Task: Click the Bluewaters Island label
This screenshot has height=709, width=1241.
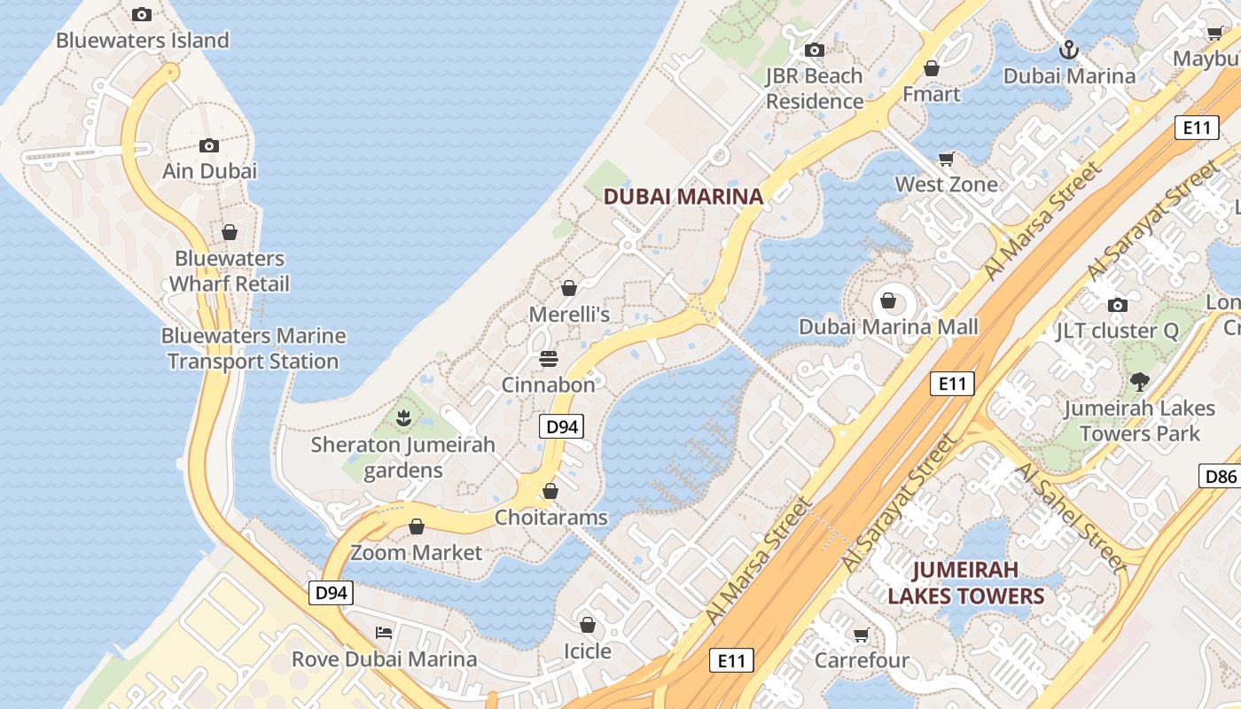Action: pos(142,40)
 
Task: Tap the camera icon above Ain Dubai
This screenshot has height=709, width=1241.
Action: pos(209,145)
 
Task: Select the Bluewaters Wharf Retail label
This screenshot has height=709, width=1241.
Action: pos(230,271)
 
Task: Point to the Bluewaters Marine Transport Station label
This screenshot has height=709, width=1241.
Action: pos(254,348)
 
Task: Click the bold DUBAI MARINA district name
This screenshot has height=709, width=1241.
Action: pos(683,197)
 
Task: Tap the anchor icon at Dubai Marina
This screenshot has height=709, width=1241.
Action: pos(1069,49)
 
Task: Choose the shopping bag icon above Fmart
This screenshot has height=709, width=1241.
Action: pos(932,67)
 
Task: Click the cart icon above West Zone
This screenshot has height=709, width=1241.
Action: pos(946,160)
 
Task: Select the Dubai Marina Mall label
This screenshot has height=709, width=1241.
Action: pos(888,327)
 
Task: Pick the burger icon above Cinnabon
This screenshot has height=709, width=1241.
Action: pos(549,359)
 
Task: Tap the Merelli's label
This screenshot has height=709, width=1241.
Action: pos(569,314)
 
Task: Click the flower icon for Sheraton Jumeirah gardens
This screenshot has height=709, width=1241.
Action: pos(403,417)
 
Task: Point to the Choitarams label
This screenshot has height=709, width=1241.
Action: pos(551,517)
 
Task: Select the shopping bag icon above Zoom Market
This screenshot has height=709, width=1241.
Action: pos(416,526)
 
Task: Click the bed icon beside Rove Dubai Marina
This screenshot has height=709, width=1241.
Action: pos(384,632)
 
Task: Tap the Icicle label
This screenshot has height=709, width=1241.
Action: pos(588,651)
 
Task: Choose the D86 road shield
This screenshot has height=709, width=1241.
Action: pos(1221,476)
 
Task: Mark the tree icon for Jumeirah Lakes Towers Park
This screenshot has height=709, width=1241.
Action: pos(1139,382)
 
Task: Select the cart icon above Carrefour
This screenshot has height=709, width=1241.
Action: pos(861,635)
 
